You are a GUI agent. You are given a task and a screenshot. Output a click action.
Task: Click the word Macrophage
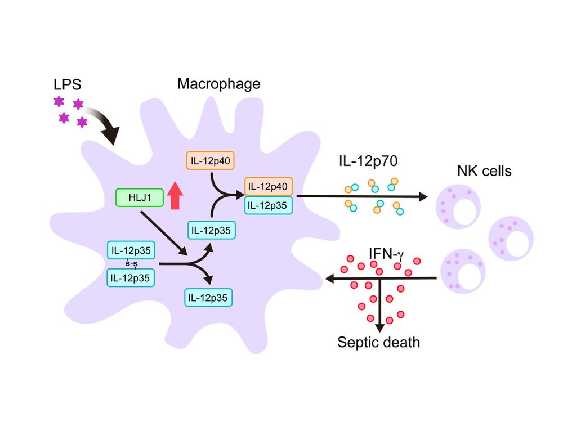pyautogui.click(x=219, y=84)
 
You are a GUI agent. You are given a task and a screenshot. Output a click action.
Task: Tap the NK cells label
pyautogui.click(x=483, y=170)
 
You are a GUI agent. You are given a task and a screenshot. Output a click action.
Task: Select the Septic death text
pyautogui.click(x=378, y=342)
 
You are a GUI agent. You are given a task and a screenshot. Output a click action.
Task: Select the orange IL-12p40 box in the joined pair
pyautogui.click(x=267, y=186)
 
